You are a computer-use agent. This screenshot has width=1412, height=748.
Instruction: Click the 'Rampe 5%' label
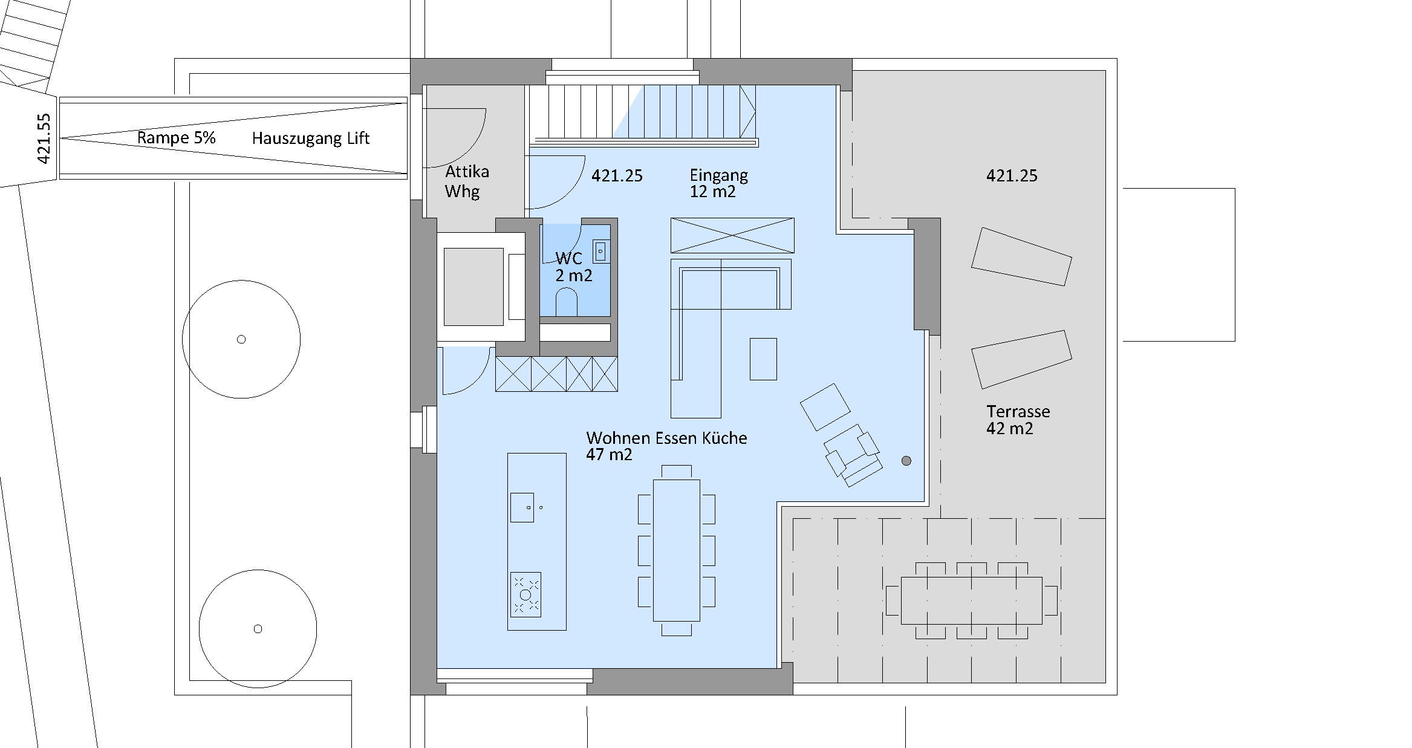click(x=176, y=138)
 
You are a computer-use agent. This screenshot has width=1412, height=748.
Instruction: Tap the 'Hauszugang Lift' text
click(x=310, y=138)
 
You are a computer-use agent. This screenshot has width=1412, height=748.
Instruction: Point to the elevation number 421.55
click(x=44, y=138)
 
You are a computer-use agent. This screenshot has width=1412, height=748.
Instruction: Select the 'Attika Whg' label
click(x=466, y=181)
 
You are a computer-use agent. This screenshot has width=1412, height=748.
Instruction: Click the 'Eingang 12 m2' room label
click(x=718, y=183)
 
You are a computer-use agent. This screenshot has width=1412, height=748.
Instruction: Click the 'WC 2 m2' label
click(x=574, y=267)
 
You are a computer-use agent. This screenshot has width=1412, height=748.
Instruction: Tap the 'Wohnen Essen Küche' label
click(x=666, y=438)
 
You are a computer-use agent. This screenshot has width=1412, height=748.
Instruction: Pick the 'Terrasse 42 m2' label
click(x=1018, y=420)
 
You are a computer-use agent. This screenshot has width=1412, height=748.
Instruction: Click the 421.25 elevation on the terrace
click(x=1012, y=176)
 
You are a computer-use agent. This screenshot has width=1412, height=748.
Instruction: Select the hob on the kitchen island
click(x=525, y=594)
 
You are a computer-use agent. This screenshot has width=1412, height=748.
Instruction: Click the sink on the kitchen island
click(x=522, y=507)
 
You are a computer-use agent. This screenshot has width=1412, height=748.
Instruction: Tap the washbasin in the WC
click(x=600, y=251)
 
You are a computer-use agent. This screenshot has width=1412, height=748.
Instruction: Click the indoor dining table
click(x=676, y=551)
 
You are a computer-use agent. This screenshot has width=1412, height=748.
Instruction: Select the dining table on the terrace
click(x=971, y=600)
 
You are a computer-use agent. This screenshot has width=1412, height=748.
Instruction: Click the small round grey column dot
click(x=906, y=461)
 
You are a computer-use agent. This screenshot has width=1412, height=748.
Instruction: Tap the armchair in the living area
click(x=851, y=455)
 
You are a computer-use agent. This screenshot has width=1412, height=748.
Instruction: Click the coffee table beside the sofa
click(x=763, y=359)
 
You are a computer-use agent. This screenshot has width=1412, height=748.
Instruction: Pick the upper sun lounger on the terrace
click(x=1021, y=256)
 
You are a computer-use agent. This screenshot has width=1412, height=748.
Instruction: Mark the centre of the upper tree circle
click(x=241, y=339)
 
